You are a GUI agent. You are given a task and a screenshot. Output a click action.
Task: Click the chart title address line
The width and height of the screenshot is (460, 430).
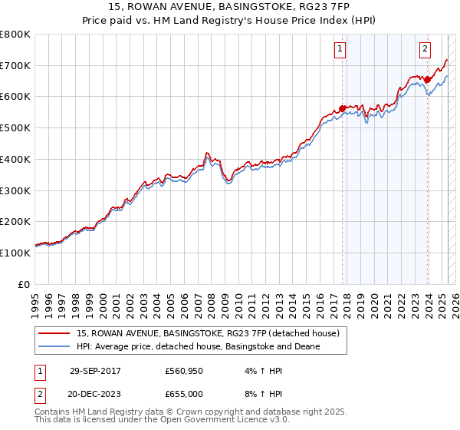229,8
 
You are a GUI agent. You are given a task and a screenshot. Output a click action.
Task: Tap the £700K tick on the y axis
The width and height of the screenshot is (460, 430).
15,66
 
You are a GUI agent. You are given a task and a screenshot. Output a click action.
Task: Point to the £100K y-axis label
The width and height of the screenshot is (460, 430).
15,253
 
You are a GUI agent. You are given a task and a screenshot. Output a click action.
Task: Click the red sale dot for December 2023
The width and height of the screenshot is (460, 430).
427,79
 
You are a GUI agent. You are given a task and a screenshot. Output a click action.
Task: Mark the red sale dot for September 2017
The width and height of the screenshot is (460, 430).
342,108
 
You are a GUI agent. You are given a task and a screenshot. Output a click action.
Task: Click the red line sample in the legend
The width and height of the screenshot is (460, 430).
54,333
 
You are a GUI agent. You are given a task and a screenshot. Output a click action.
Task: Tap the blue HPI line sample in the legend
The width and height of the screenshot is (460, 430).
54,346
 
